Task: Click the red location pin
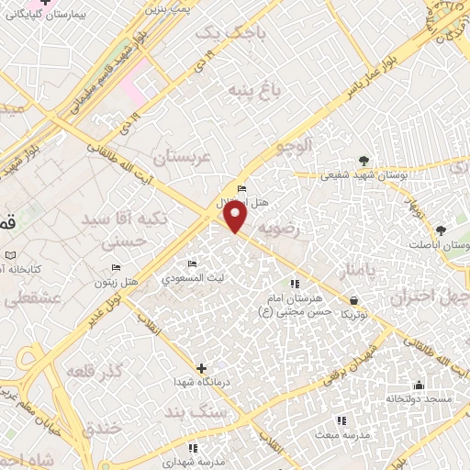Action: click(236, 216)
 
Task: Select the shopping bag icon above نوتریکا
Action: click(353, 299)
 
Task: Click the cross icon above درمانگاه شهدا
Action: click(201, 367)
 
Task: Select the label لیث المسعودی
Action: click(192, 276)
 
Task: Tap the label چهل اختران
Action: click(430, 298)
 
